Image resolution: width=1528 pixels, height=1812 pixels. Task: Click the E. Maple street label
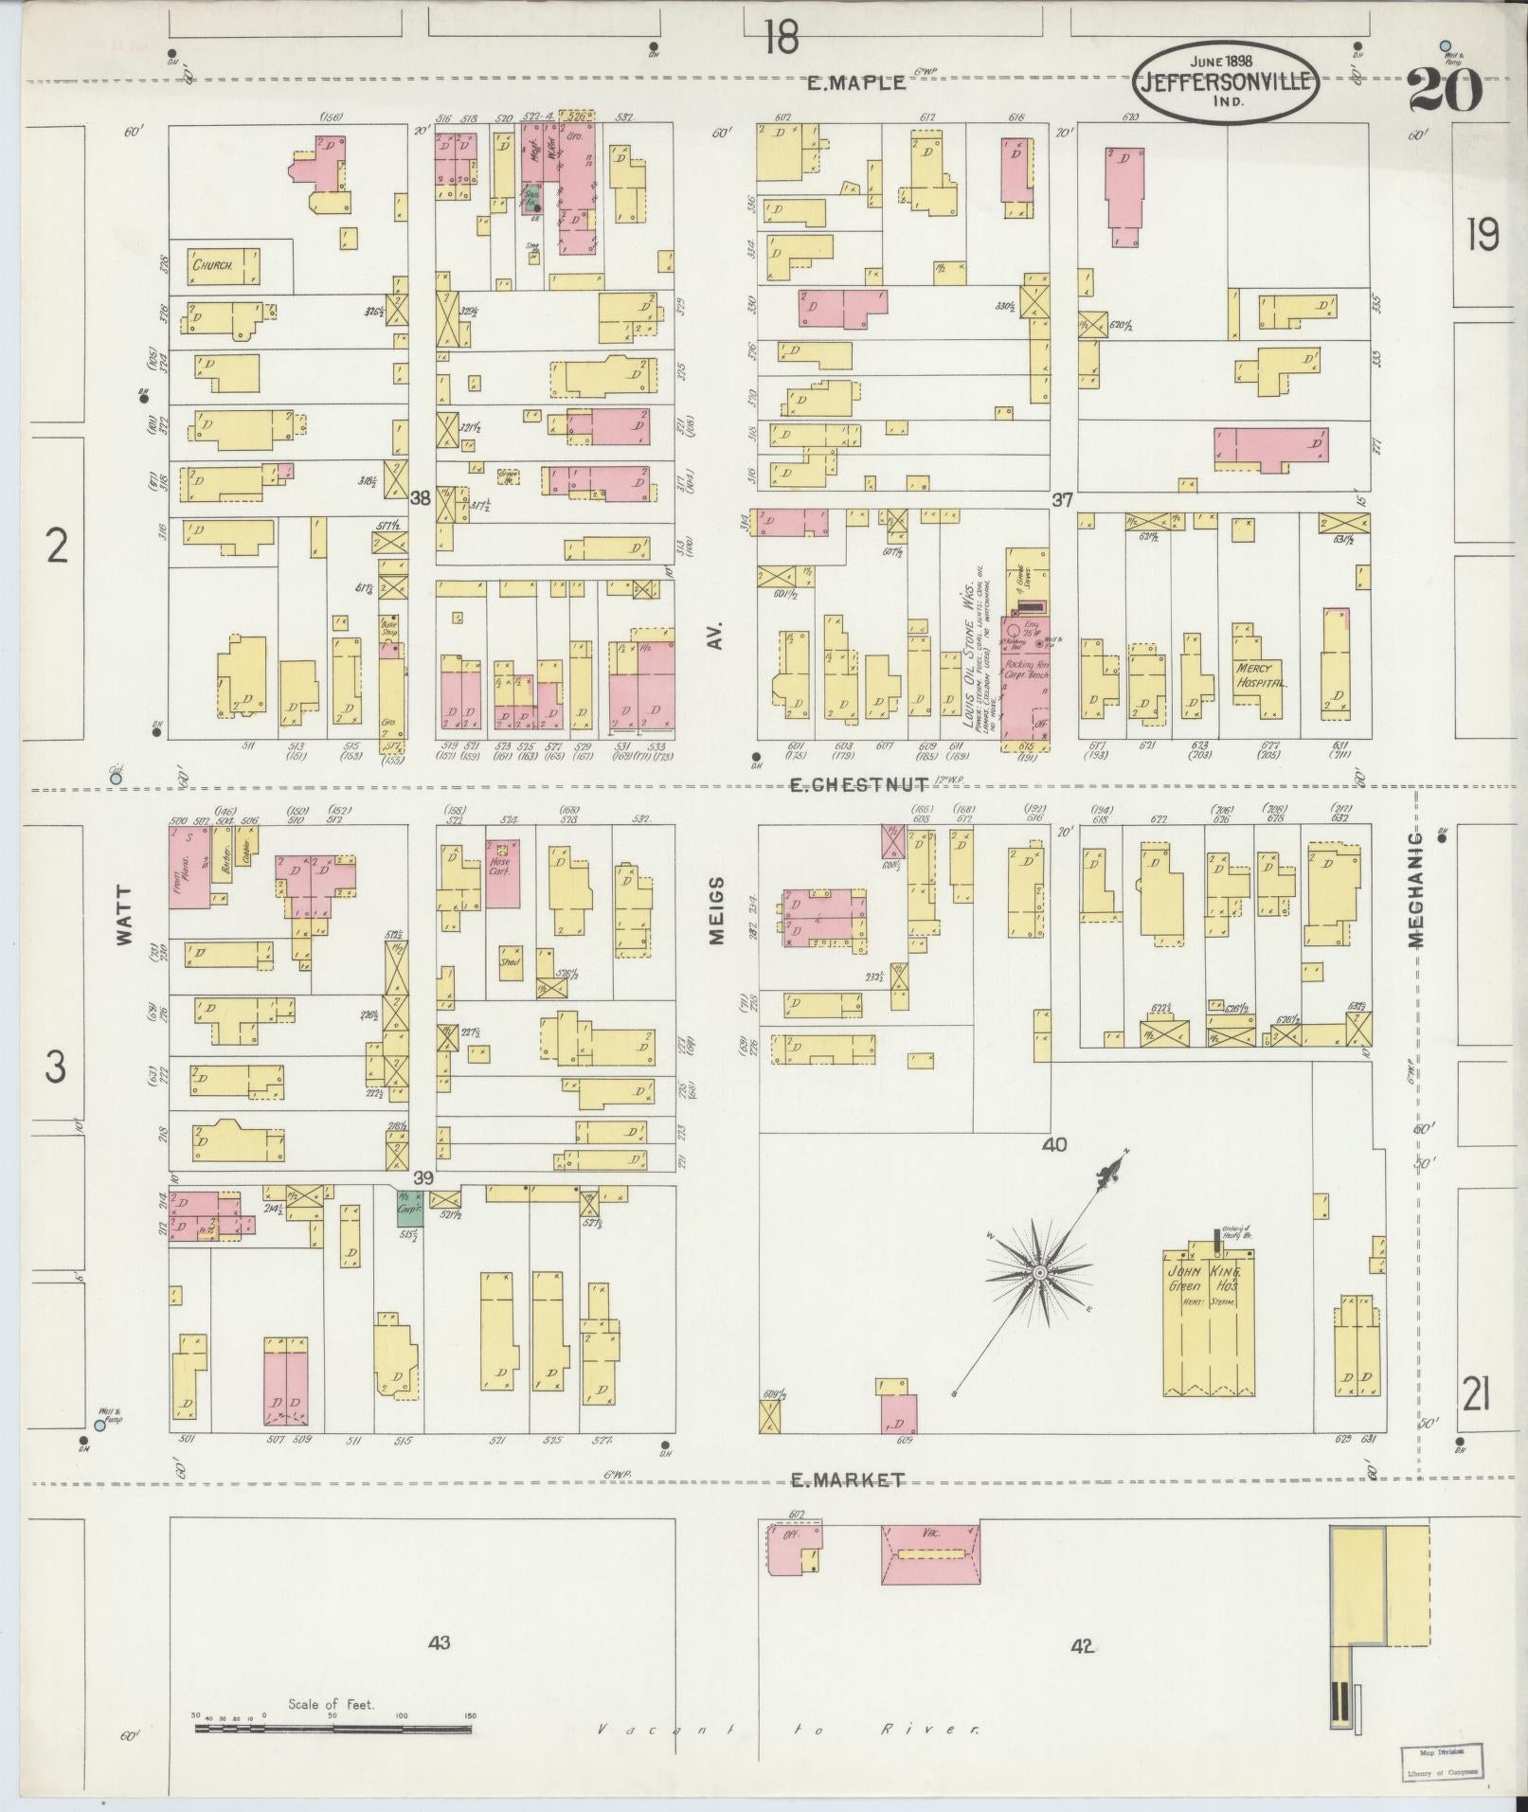click(856, 82)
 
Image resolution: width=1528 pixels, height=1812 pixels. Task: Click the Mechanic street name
click(1416, 890)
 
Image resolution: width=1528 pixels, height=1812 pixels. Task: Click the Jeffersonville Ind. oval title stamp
click(1228, 81)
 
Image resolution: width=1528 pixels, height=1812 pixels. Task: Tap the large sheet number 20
click(1445, 91)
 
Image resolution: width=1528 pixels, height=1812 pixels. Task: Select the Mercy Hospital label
click(1259, 673)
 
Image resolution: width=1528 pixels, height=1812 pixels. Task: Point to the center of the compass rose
click(1038, 1271)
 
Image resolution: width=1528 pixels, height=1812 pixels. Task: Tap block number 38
click(421, 496)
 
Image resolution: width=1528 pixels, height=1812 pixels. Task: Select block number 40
click(1053, 1144)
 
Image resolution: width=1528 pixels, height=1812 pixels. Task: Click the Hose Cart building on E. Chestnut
click(502, 872)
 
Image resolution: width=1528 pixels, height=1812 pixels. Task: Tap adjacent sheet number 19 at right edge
click(1482, 235)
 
